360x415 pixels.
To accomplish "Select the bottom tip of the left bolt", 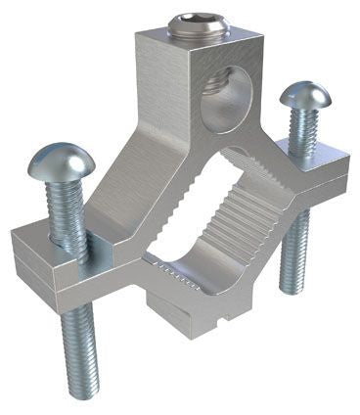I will click(82, 392).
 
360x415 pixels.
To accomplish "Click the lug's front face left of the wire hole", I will click(161, 93).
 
